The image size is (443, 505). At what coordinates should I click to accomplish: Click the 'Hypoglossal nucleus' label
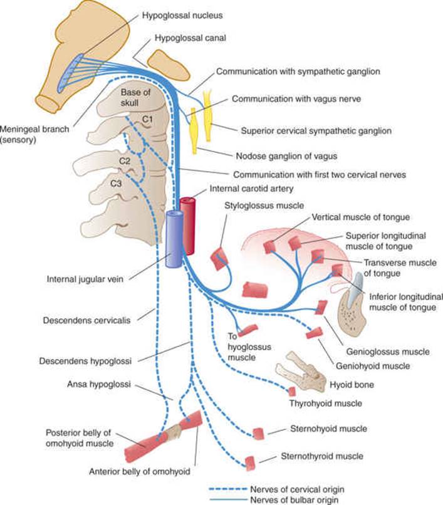pos(182,16)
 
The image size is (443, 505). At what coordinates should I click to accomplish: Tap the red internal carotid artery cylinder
pos(188,226)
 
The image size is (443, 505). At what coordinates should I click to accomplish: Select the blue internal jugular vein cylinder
pos(174,238)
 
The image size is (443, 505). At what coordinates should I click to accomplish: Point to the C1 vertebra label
pos(147,120)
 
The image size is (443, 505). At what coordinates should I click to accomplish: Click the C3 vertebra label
pos(116,184)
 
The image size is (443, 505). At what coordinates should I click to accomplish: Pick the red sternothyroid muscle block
pos(250,463)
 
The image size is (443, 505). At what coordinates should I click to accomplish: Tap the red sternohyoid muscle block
pos(258,434)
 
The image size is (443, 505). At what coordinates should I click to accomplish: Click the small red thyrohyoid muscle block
pos(292,392)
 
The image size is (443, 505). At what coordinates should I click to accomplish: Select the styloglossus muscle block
pos(219,258)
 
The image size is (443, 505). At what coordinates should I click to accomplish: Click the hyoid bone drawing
pos(300,370)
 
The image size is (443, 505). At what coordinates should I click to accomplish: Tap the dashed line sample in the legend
pos(228,489)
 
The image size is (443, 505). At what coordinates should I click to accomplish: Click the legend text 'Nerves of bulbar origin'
pos(294,500)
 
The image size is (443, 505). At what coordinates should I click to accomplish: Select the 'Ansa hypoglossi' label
pos(99,384)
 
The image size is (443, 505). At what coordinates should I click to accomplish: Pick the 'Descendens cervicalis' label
pos(86,320)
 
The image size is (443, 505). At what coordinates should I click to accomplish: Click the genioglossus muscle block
pos(321,307)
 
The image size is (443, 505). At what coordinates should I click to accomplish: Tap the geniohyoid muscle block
pos(314,333)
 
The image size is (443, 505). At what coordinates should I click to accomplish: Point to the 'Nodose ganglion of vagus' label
pos(286,156)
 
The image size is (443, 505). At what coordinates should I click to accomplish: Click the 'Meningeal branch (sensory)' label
pos(34,134)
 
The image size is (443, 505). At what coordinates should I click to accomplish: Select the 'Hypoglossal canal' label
pos(190,38)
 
